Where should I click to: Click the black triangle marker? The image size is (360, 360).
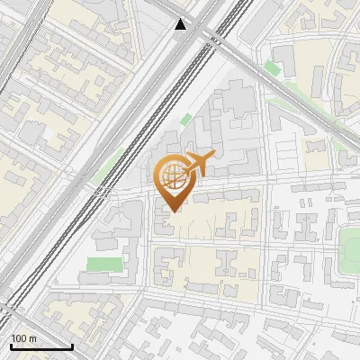coord(182,24)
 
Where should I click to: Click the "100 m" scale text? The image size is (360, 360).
coord(23,338)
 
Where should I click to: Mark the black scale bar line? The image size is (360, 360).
coord(40,346)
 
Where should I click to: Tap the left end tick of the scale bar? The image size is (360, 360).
coord(10,345)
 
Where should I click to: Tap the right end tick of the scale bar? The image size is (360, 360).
coord(72,345)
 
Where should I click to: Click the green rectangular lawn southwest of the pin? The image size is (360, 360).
coord(104,264)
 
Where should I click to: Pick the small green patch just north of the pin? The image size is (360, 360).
coord(185,120)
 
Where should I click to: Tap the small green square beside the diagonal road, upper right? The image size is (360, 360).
coord(272,68)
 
